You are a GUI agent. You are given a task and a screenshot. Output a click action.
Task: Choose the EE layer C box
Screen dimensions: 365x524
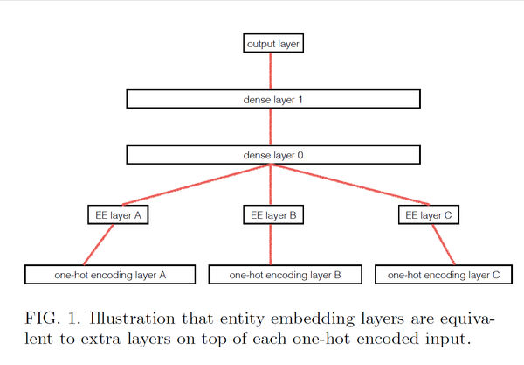coord(429,214)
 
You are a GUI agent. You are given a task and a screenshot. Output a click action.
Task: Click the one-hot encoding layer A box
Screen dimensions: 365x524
coord(109,275)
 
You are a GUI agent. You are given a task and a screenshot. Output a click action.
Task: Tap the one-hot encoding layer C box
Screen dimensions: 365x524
coord(443,275)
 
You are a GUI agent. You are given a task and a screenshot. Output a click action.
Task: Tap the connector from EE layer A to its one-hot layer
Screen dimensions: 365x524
coord(99,245)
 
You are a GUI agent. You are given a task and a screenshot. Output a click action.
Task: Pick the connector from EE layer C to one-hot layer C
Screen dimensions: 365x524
coord(444,245)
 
